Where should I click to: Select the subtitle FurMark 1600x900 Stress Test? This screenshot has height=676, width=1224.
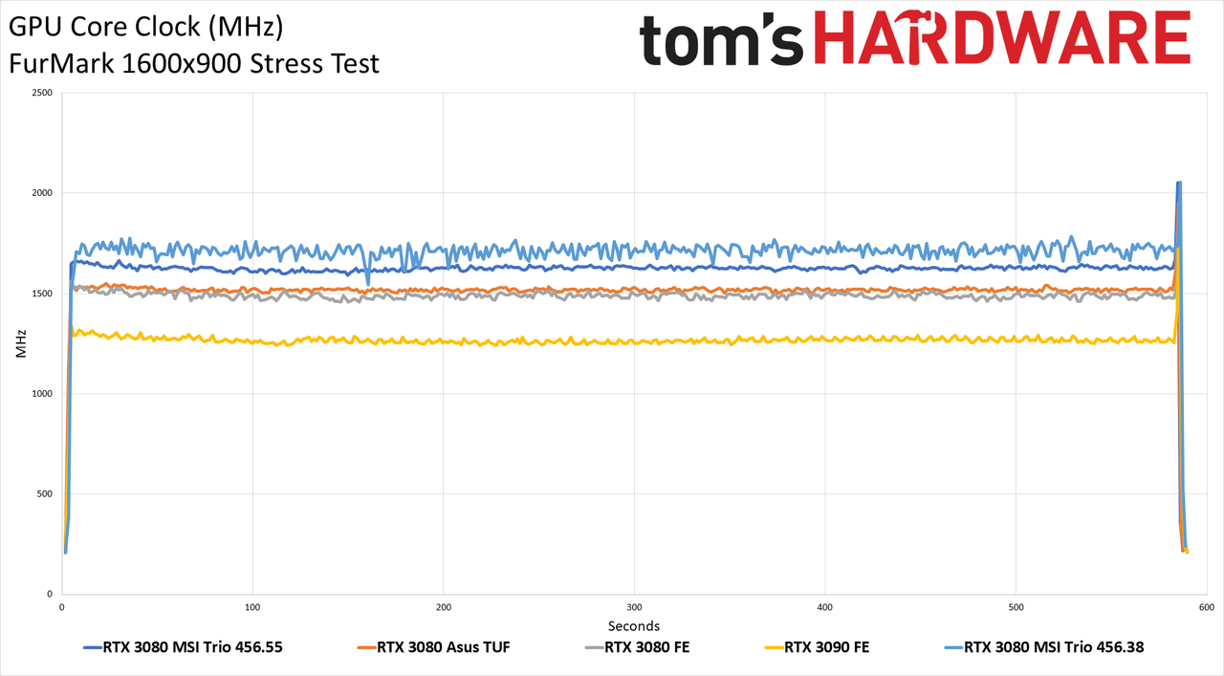tap(194, 64)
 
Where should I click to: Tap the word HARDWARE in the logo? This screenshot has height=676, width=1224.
tap(1002, 37)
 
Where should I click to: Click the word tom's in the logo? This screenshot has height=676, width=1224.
tap(721, 40)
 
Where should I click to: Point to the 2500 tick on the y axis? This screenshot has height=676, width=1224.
tap(43, 93)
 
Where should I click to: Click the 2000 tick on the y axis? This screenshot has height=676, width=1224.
tap(43, 193)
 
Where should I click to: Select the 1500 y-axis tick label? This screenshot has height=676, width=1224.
tap(43, 294)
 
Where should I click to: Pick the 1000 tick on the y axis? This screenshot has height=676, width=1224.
tap(43, 394)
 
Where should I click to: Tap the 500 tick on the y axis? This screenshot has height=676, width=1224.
tap(45, 494)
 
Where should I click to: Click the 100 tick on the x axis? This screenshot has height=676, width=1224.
tap(252, 607)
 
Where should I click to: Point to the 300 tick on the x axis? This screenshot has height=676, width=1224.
tap(634, 607)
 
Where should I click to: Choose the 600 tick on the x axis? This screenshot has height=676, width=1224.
tap(1207, 607)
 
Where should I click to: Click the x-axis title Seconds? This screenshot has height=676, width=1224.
tap(634, 625)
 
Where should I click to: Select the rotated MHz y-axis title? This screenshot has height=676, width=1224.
tap(21, 343)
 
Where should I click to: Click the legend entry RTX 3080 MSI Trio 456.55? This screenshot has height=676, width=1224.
tap(183, 647)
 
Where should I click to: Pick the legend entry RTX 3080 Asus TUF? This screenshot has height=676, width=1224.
tap(433, 647)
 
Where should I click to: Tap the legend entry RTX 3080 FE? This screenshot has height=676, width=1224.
tap(637, 647)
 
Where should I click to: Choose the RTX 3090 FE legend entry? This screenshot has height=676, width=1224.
tap(817, 647)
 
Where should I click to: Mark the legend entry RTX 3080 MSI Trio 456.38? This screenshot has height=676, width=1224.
tap(1044, 647)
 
